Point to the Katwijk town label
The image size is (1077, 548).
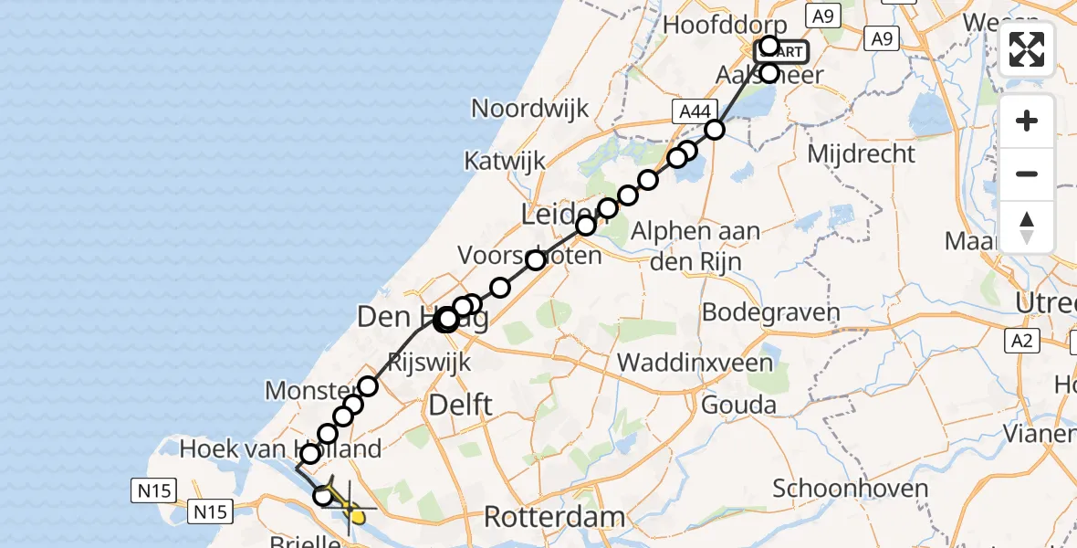(x=505, y=161)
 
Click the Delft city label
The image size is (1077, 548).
(x=462, y=404)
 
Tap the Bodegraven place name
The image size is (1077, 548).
(x=770, y=312)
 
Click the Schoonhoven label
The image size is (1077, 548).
(x=850, y=488)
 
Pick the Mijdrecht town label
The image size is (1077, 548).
(x=861, y=153)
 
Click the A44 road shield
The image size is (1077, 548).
(x=693, y=111)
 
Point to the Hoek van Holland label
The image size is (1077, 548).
(x=279, y=449)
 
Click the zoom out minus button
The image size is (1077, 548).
(x=1027, y=174)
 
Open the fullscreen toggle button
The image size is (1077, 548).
(x=1027, y=49)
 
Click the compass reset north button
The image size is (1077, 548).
(x=1027, y=227)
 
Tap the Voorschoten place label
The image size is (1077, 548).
(x=529, y=255)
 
